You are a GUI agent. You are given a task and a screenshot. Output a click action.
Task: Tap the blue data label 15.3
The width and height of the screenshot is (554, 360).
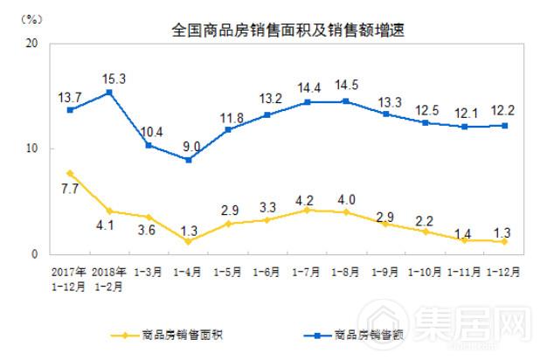point(114,79)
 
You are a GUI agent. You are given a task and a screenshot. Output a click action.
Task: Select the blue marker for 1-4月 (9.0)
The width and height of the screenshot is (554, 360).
point(188,159)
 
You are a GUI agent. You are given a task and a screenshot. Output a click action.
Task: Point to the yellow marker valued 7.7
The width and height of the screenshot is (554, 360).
point(70,173)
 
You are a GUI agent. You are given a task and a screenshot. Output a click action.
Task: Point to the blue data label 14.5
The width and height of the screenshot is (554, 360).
point(347,86)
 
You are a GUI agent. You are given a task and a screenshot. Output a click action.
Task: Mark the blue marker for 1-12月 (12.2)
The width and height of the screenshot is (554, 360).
point(504,125)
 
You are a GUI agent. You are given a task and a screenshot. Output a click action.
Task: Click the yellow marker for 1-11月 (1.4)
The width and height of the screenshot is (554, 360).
point(465,239)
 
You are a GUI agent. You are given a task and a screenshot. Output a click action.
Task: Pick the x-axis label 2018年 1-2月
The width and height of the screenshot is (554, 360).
point(109,276)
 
